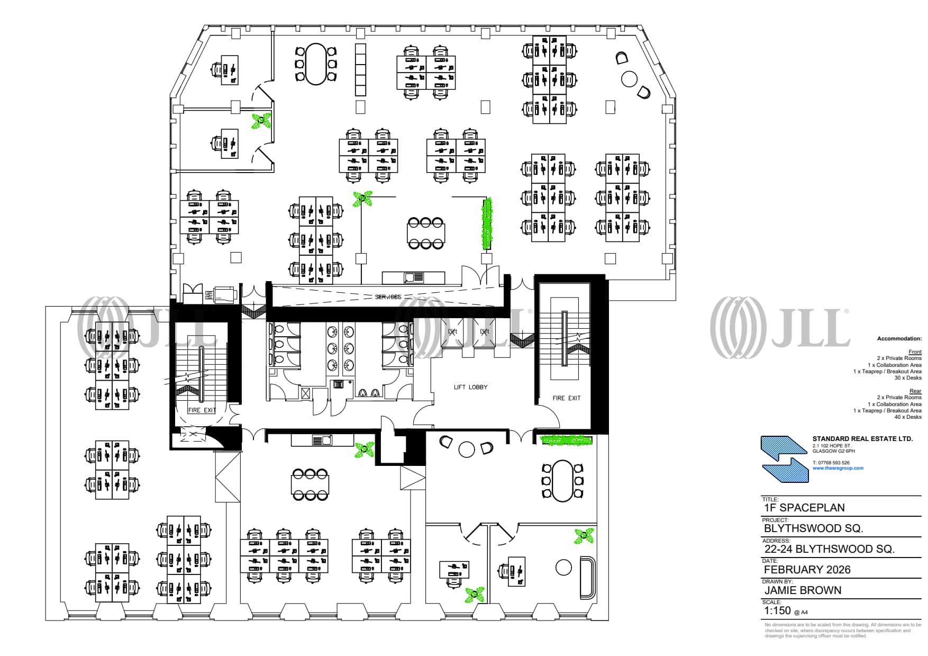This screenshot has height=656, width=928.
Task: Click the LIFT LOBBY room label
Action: pos(470,387)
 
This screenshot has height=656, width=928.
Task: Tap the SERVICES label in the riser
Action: pos(388,297)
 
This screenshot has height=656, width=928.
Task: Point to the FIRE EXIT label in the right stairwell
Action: pos(566,398)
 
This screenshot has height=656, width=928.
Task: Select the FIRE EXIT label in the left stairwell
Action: pos(202,410)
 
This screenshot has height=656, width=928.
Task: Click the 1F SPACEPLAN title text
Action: pos(804,508)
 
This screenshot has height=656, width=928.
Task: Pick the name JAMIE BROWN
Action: pos(802,590)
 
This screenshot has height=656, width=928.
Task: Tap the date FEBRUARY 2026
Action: pos(807,570)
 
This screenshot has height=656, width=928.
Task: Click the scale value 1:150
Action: pos(777,610)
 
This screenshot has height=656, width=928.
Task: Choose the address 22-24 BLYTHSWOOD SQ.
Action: pos(829,549)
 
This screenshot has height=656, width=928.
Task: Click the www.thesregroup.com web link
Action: pos(838,468)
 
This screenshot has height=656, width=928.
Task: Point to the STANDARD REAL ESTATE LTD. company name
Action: pos(862,439)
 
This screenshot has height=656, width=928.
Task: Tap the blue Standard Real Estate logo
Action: pos(785,459)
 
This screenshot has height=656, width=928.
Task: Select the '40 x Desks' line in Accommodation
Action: pos(907,417)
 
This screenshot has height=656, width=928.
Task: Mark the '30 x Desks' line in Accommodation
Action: pos(907,378)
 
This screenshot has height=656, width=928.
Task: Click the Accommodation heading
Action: pos(899,339)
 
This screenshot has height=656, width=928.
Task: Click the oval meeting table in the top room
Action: pos(316,64)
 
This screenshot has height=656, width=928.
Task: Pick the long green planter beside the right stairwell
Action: pos(566,440)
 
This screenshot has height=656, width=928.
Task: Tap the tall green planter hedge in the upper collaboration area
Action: pos(487,223)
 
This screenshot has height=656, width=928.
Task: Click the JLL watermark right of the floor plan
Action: pos(779,328)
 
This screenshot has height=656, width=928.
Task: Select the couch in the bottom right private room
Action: pos(587,576)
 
